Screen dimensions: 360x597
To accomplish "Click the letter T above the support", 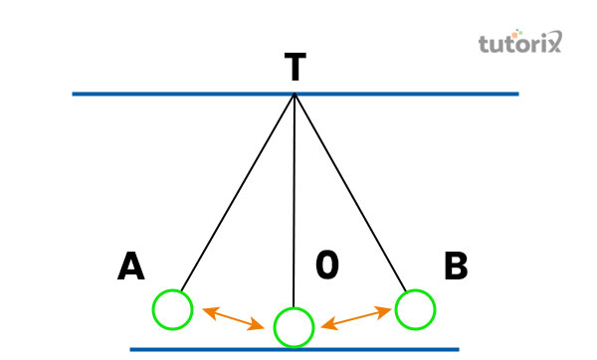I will point(295,68).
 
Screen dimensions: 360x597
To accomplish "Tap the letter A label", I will point(131,267).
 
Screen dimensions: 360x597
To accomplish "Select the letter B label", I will point(456,267).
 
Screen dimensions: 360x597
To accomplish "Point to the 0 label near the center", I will point(328,265).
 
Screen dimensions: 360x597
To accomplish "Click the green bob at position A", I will point(171,309).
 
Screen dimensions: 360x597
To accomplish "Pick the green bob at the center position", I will point(294,326).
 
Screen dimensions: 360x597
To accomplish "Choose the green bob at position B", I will point(415,309).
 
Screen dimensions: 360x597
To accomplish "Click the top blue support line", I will point(149,94).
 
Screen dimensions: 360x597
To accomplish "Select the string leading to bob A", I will point(236,194).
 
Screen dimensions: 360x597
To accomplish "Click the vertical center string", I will point(294,199).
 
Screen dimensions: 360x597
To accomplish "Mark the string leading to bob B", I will point(350,194).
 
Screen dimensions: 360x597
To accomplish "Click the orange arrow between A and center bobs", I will point(233,318).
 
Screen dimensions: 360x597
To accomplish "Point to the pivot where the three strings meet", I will point(295,95).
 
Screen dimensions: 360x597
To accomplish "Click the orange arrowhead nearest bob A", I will point(207,311).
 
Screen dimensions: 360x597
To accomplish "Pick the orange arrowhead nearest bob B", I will point(387,310).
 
